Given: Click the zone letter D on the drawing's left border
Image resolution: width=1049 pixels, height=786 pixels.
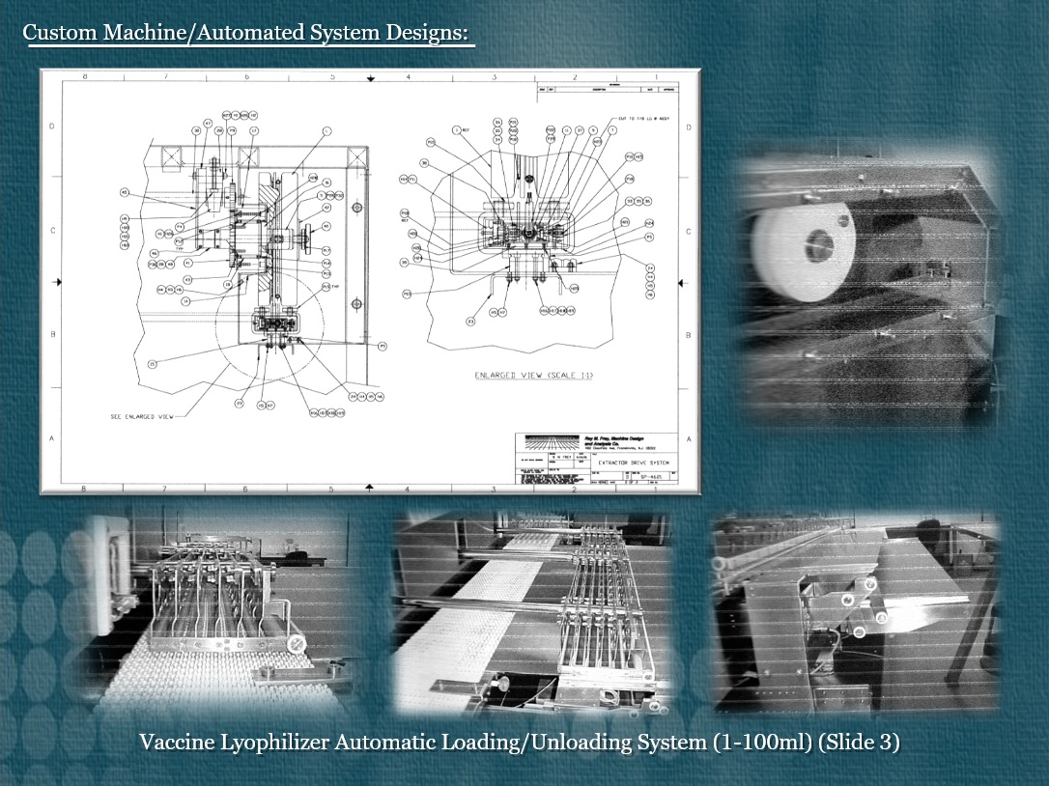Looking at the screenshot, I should [x=52, y=126].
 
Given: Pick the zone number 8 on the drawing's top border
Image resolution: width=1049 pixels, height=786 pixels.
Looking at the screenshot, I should [x=86, y=75].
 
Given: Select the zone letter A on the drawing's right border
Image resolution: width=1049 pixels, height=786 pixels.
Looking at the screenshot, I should [x=687, y=436].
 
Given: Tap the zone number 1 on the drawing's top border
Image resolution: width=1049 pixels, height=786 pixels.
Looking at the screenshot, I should [x=656, y=75].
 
